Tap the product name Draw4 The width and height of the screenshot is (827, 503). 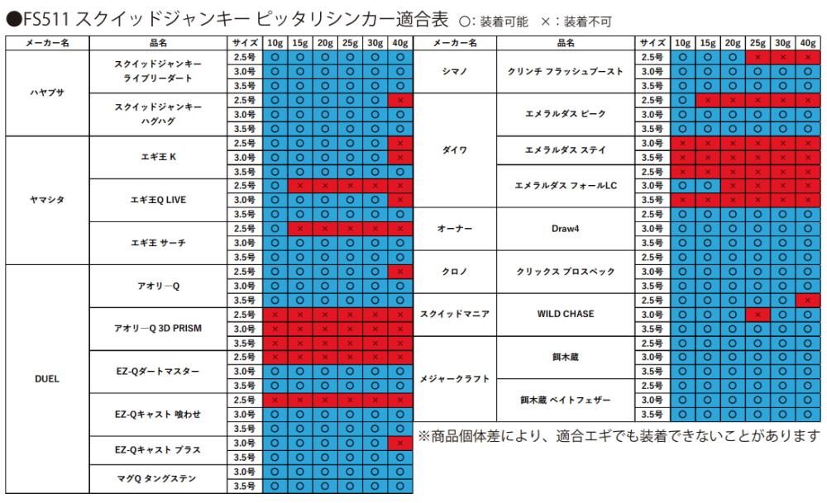(566, 228)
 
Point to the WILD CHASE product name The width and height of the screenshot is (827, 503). (566, 314)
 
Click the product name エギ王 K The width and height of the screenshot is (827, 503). (156, 157)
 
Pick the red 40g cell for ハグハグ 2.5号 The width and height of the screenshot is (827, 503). (400, 100)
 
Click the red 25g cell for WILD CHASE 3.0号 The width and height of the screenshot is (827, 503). (756, 314)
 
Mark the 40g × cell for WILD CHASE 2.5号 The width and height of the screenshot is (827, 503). (806, 300)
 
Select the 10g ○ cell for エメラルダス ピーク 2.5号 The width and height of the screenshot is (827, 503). (683, 100)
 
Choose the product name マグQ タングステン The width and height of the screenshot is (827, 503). (156, 478)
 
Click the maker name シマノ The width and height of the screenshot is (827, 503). (456, 71)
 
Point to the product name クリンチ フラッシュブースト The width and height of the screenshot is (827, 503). (566, 71)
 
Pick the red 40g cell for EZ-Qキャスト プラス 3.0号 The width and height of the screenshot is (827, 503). (400, 443)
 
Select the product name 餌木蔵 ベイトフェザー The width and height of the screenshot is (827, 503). (566, 400)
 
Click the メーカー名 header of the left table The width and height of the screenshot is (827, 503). (46, 42)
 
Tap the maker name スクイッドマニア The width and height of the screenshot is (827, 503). (456, 314)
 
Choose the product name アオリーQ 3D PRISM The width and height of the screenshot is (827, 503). (156, 328)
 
